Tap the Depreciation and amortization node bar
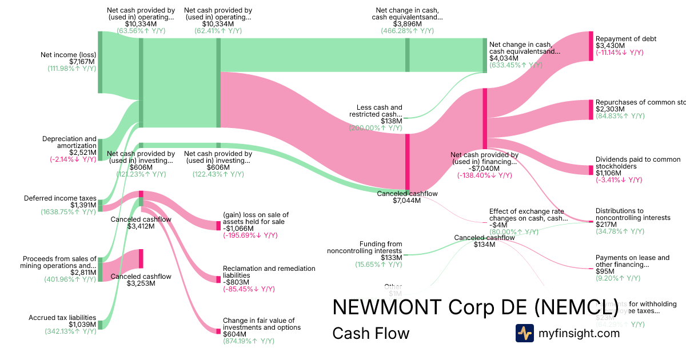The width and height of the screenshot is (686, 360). point(100,149)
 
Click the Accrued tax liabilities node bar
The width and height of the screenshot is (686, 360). point(100,325)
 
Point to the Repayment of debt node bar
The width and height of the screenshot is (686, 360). point(591,46)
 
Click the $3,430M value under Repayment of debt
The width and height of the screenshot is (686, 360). point(610,46)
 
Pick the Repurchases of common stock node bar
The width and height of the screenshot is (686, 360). point(591,110)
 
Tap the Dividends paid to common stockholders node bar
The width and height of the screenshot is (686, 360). point(591,170)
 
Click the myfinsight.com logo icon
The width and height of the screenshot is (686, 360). point(524,333)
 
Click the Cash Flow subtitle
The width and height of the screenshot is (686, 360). point(370,333)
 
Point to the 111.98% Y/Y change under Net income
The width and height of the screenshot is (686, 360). point(71,69)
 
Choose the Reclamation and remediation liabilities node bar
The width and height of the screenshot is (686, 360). point(218,279)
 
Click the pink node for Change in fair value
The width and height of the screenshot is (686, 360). point(218,331)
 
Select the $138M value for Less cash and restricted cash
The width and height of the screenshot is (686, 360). point(391,121)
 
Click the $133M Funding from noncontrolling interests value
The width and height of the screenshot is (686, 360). point(391,258)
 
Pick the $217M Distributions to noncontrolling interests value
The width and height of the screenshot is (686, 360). point(606,225)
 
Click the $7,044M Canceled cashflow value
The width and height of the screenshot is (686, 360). point(407,201)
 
